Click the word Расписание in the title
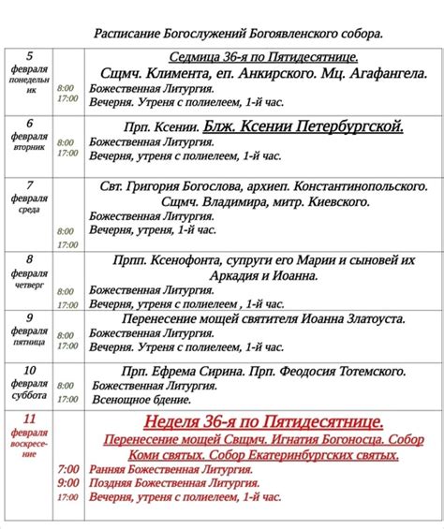124,34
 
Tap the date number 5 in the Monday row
29,56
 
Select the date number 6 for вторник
29,123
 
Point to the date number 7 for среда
29,184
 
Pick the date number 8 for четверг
29,259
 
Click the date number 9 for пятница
29,318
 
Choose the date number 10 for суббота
29,369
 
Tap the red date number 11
29,419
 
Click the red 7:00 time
67,467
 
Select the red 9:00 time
67,482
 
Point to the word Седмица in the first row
193,58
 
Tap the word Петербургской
348,125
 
